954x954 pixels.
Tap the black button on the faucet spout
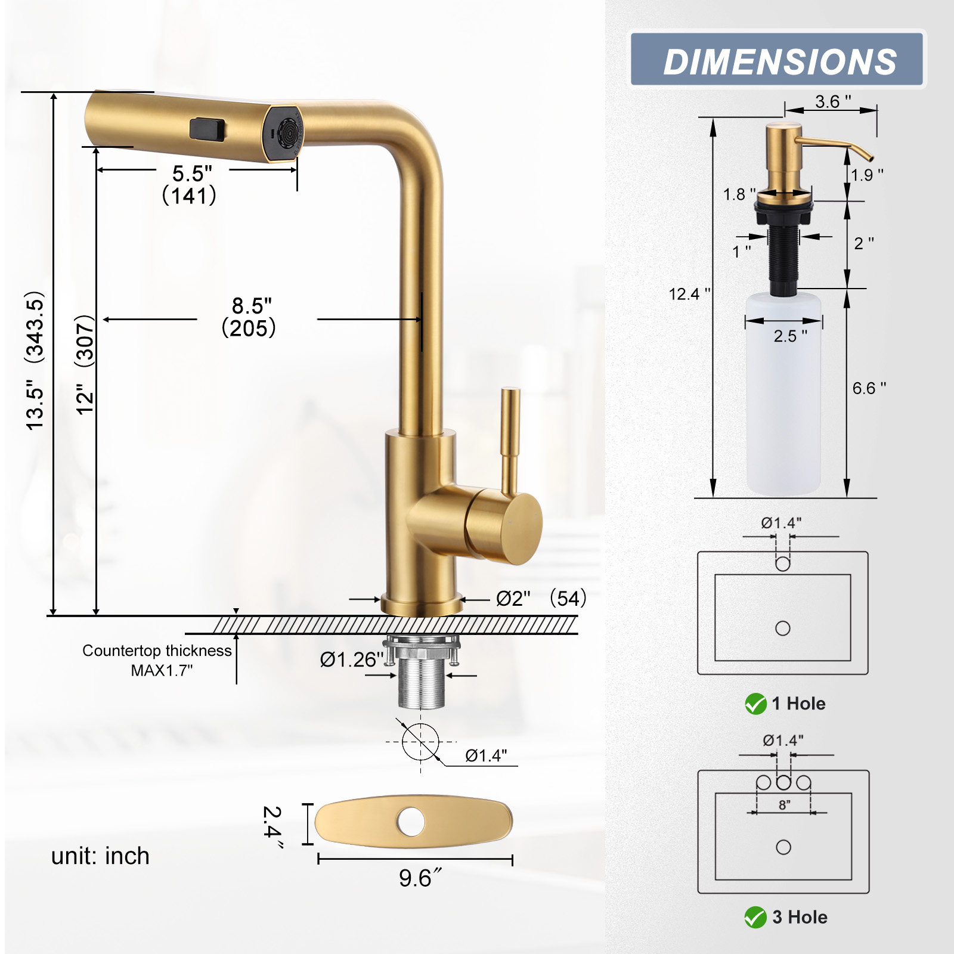pyautogui.click(x=207, y=130)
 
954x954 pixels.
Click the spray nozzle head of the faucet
pyautogui.click(x=284, y=135)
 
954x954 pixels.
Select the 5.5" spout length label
pyautogui.click(x=191, y=174)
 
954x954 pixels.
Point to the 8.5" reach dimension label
pyautogui.click(x=251, y=306)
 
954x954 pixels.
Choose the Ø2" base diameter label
pyautogui.click(x=513, y=598)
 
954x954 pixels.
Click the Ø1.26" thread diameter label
pyautogui.click(x=351, y=659)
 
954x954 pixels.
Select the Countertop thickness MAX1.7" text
pyautogui.click(x=157, y=660)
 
